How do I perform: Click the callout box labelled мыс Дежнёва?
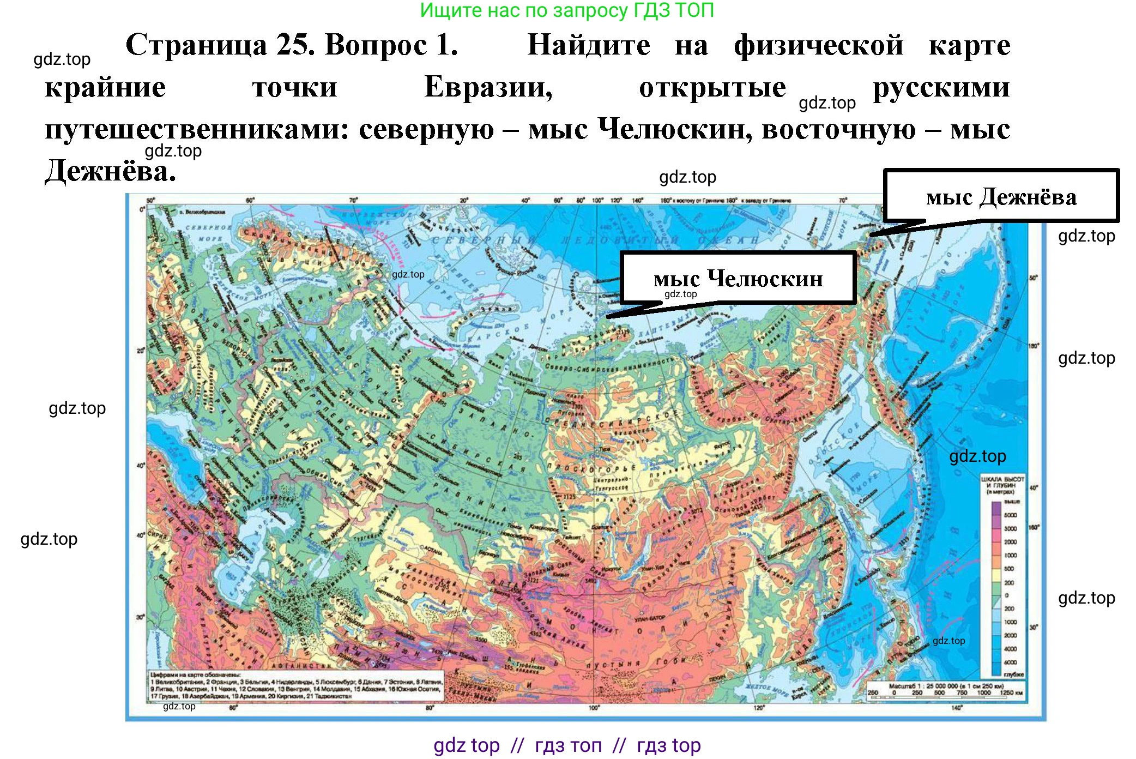click(x=1001, y=196)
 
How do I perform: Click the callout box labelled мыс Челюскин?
click(x=738, y=278)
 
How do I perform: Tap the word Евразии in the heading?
click(x=488, y=87)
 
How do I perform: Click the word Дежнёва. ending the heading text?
click(x=111, y=172)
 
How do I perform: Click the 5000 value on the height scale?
click(x=1010, y=515)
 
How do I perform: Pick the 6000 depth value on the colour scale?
click(x=1010, y=662)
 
